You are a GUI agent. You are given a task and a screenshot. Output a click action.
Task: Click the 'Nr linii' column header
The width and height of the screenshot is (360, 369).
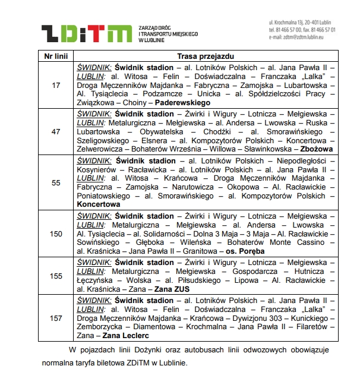click(56, 55)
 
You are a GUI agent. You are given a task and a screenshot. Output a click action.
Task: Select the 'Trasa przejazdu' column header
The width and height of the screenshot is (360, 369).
click(206, 55)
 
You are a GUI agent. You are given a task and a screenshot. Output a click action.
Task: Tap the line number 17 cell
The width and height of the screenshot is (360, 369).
click(56, 86)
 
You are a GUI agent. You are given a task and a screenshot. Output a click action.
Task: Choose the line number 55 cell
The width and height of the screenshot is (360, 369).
click(56, 182)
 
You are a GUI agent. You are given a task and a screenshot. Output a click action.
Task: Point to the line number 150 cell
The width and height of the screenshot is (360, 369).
click(56, 234)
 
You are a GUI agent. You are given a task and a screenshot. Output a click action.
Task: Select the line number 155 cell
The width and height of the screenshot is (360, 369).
click(56, 276)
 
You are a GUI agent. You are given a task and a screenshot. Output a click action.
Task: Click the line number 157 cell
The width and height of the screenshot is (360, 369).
click(56, 318)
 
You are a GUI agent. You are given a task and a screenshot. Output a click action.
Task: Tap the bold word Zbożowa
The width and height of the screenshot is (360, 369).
click(317, 149)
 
